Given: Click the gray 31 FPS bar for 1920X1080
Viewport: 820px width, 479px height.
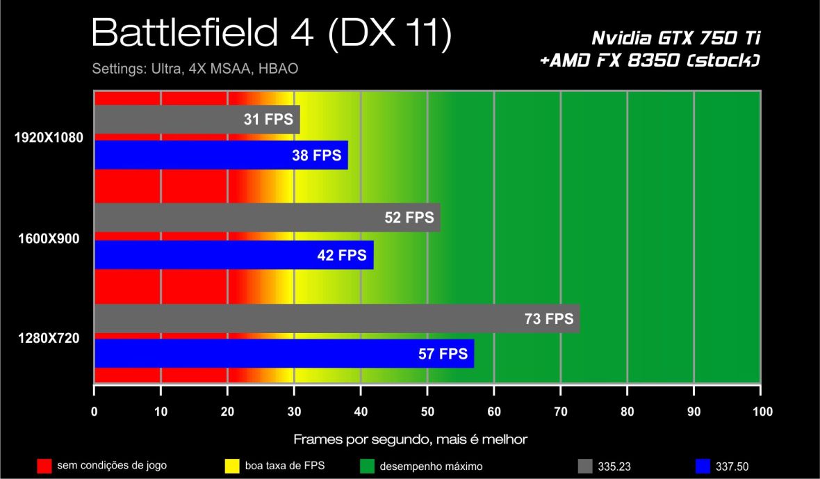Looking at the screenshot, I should (x=197, y=119).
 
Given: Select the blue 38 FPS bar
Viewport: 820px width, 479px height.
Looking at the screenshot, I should (x=221, y=155).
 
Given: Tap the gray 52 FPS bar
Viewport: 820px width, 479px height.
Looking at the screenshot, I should (x=267, y=218).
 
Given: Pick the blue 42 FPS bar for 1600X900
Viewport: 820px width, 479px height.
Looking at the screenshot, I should (x=233, y=254).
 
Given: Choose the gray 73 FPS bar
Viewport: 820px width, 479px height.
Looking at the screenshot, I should (x=336, y=318).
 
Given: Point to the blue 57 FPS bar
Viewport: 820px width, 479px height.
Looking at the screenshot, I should (x=284, y=354).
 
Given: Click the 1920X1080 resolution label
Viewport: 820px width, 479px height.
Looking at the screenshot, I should (x=49, y=138).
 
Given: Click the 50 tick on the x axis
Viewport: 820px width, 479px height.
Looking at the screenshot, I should (x=427, y=411).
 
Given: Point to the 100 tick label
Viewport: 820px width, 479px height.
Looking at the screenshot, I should (x=762, y=411).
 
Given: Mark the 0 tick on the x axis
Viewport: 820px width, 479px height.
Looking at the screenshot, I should (x=95, y=411).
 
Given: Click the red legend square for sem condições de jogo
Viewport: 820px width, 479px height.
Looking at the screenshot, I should (x=44, y=466).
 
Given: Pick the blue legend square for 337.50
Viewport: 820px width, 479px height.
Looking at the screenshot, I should (x=703, y=466).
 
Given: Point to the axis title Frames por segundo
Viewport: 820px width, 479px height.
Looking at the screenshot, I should (x=410, y=439).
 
